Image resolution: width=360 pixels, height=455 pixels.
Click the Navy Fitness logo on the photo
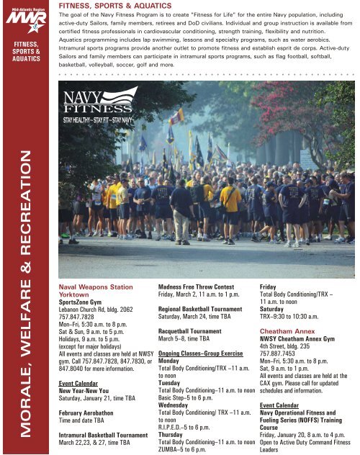98,105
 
